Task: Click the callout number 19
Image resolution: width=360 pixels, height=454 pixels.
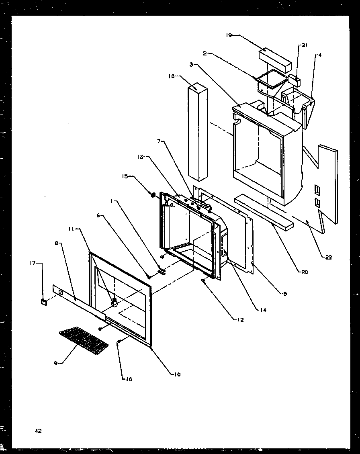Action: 229,35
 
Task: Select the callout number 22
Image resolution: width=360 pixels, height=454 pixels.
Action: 328,258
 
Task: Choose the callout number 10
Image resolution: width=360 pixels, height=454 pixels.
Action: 177,374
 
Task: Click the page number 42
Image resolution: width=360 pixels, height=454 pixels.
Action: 38,431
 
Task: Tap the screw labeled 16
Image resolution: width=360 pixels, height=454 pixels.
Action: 119,342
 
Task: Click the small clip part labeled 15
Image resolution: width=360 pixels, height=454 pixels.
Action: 153,195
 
